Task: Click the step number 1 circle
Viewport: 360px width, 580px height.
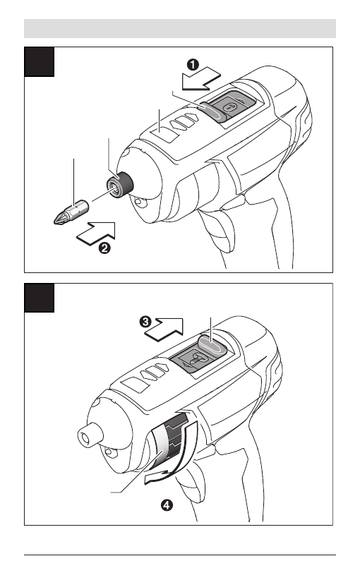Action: pyautogui.click(x=193, y=65)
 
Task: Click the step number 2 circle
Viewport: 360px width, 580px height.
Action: pyautogui.click(x=104, y=248)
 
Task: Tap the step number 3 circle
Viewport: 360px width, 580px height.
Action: pyautogui.click(x=145, y=322)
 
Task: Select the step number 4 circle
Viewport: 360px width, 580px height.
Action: pyautogui.click(x=167, y=505)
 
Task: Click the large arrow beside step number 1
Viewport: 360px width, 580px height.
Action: pyautogui.click(x=201, y=79)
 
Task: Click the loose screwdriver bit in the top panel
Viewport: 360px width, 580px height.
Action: pyautogui.click(x=72, y=213)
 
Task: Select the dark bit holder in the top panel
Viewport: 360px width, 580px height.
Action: pyautogui.click(x=119, y=185)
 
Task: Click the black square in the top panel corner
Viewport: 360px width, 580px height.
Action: pyautogui.click(x=40, y=62)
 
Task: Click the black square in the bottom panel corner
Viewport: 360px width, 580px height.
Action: pyautogui.click(x=40, y=298)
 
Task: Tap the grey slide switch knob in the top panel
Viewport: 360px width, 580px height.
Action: pyautogui.click(x=214, y=111)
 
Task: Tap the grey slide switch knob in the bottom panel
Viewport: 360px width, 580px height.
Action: pyautogui.click(x=212, y=345)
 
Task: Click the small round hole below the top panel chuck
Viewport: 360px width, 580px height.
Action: pyautogui.click(x=140, y=203)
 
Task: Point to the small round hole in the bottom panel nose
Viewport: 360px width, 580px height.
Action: pyautogui.click(x=110, y=452)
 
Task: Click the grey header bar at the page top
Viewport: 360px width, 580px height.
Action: pyautogui.click(x=180, y=28)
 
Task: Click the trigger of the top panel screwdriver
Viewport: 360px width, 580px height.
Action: pyautogui.click(x=219, y=232)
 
